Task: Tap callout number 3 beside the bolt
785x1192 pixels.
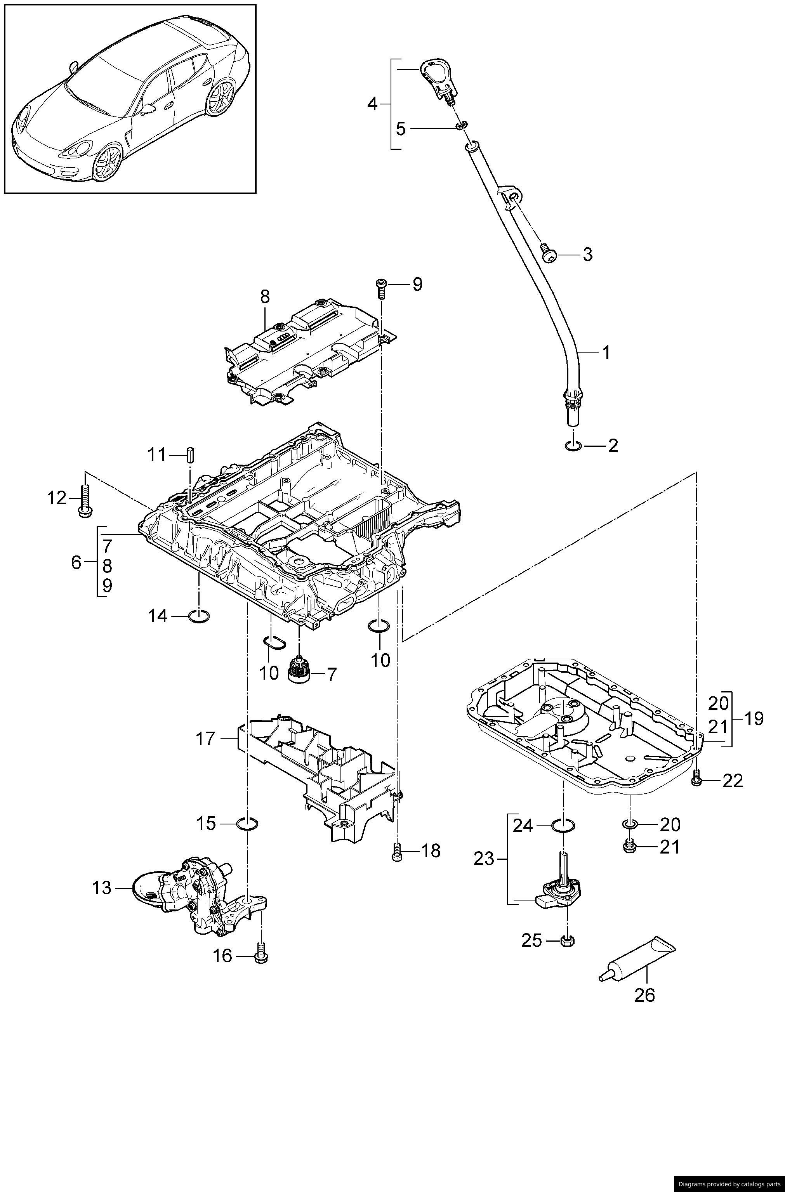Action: tap(587, 254)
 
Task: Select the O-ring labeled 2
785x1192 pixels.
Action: tap(573, 445)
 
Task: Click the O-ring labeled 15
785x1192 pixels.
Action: tap(247, 823)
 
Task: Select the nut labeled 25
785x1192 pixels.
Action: tap(567, 940)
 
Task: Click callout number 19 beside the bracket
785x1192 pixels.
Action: tap(754, 719)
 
